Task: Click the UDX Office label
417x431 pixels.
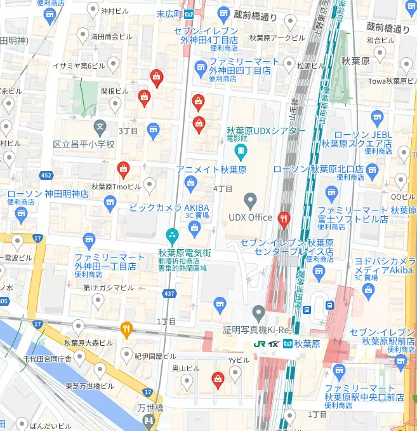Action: click(x=250, y=217)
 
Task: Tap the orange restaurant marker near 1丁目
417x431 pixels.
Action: click(x=127, y=329)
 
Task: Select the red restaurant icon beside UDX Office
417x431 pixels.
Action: click(x=284, y=219)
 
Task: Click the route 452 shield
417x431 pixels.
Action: click(x=46, y=175)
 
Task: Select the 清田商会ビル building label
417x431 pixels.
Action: click(x=111, y=36)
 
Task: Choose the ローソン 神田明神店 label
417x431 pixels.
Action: click(x=48, y=193)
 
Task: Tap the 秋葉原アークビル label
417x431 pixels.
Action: click(x=278, y=37)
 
